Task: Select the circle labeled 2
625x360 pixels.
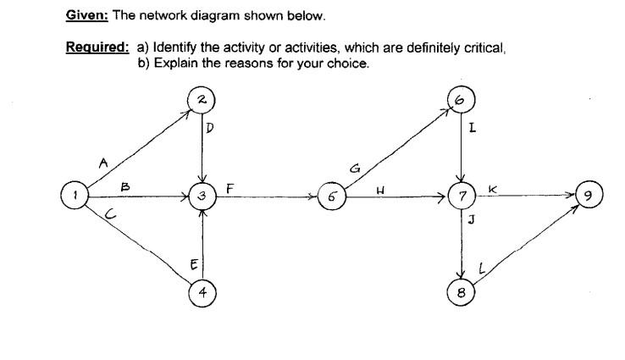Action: [202, 100]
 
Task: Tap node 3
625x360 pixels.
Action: [202, 195]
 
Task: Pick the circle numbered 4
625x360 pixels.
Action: [202, 294]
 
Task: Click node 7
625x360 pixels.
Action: [460, 197]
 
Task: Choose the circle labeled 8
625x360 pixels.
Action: [461, 292]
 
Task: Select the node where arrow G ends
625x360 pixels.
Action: [461, 100]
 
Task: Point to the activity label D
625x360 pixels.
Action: [211, 129]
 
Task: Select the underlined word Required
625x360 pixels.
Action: [97, 48]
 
